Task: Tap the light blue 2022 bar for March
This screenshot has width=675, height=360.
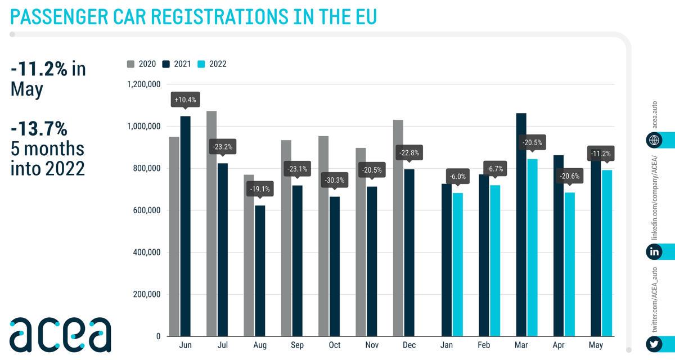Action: [x=532, y=247]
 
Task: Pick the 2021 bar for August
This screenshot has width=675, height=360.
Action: [x=259, y=271]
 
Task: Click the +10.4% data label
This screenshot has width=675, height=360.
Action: [x=185, y=100]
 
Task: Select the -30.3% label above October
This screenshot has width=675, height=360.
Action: [x=334, y=181]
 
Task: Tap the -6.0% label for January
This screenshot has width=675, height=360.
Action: [x=456, y=176]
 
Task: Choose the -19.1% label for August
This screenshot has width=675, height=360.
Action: [x=259, y=190]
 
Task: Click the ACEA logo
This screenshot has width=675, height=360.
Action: [x=60, y=334]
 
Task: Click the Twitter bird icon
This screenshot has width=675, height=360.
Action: [x=654, y=343]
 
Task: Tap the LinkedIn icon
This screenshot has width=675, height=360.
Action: [x=654, y=252]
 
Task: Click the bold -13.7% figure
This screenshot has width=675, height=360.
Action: [x=39, y=129]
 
